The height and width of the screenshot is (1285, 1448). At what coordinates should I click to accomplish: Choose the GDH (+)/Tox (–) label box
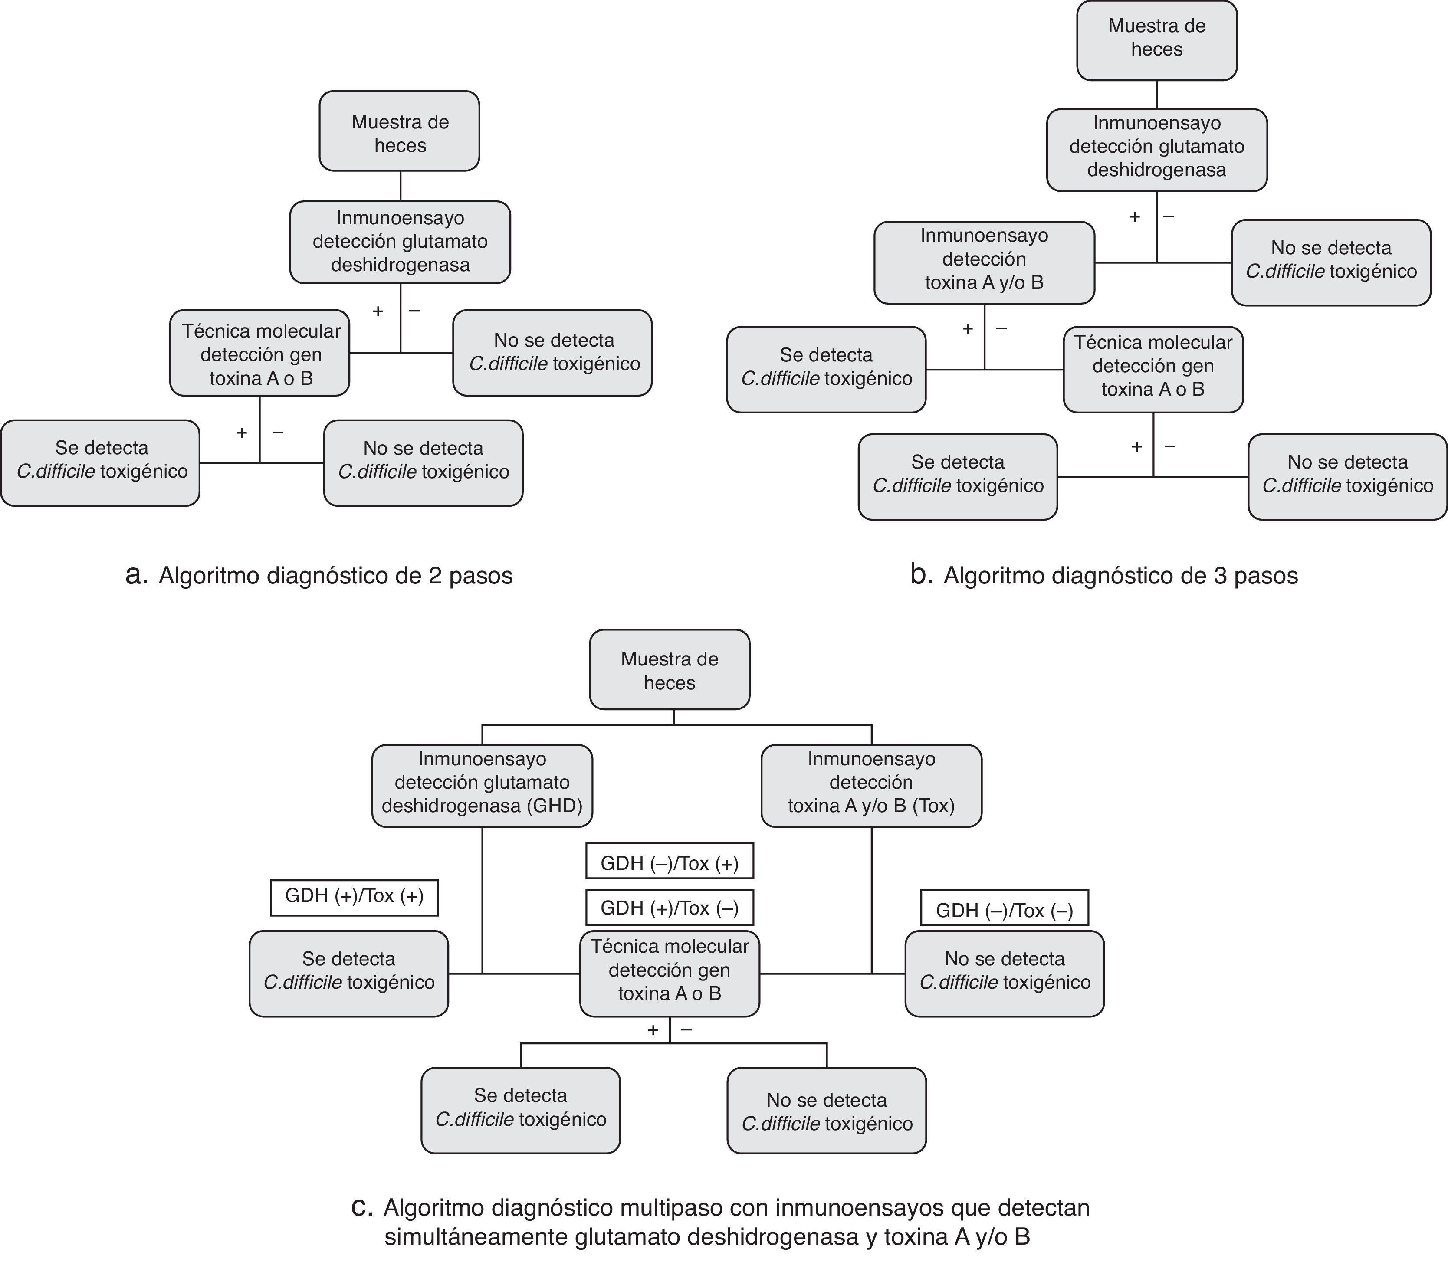coord(670,908)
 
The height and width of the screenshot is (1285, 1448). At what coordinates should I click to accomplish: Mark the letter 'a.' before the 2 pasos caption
coord(136,575)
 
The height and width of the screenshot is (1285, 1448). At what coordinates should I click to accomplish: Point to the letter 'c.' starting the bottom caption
coord(361,1207)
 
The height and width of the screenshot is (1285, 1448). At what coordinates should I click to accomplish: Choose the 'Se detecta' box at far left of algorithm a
coord(101,462)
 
